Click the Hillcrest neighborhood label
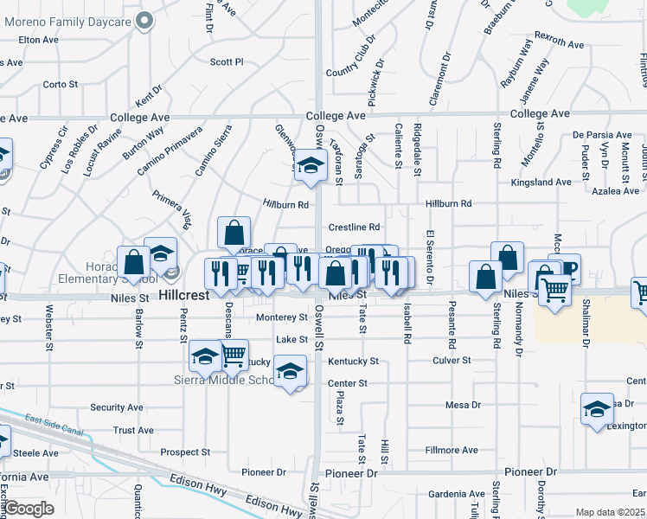[183, 295]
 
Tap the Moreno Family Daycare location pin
[145, 18]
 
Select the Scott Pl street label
[227, 62]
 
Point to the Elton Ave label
[38, 40]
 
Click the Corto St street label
[61, 84]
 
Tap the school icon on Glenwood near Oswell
[309, 167]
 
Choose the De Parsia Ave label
[602, 135]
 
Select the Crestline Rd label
[354, 227]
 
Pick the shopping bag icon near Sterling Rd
[507, 256]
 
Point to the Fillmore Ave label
[452, 451]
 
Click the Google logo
[29, 509]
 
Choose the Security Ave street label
[116, 407]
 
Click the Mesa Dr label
[463, 405]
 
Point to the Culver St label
[452, 360]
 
